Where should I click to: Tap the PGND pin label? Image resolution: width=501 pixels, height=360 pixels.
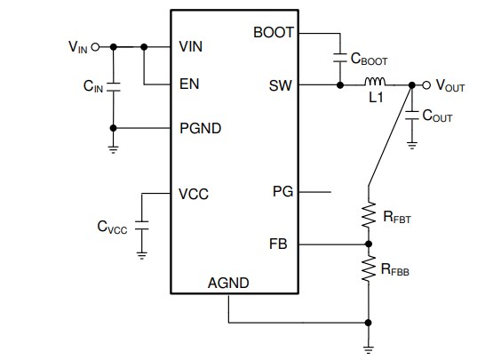pos(200,127)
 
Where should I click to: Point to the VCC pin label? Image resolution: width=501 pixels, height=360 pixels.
pos(193,193)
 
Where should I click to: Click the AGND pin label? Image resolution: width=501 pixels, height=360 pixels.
pos(228,283)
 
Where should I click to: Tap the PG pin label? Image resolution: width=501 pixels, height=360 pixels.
pos(282,191)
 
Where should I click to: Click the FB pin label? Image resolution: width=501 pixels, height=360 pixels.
pos(282,243)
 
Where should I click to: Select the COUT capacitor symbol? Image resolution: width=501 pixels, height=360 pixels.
pos(411,115)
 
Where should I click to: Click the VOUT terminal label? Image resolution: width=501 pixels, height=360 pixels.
pos(450,86)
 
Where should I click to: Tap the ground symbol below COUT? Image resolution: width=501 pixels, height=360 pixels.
pos(411,143)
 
